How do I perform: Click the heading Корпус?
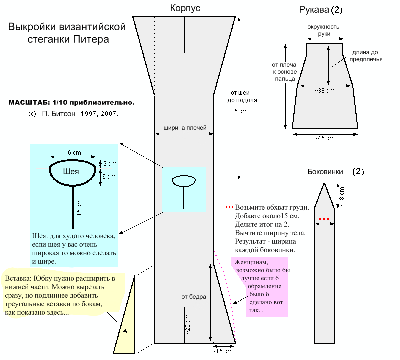click(x=185, y=8)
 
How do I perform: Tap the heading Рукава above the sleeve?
click(x=316, y=9)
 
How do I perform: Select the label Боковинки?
click(x=325, y=171)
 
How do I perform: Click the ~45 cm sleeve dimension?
click(x=324, y=138)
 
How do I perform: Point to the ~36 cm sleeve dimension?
click(x=324, y=91)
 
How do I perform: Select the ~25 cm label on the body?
click(x=188, y=325)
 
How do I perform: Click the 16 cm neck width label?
click(x=73, y=152)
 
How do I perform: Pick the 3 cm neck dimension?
click(x=110, y=164)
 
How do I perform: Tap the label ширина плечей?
click(x=185, y=128)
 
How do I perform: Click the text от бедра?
click(x=194, y=297)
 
